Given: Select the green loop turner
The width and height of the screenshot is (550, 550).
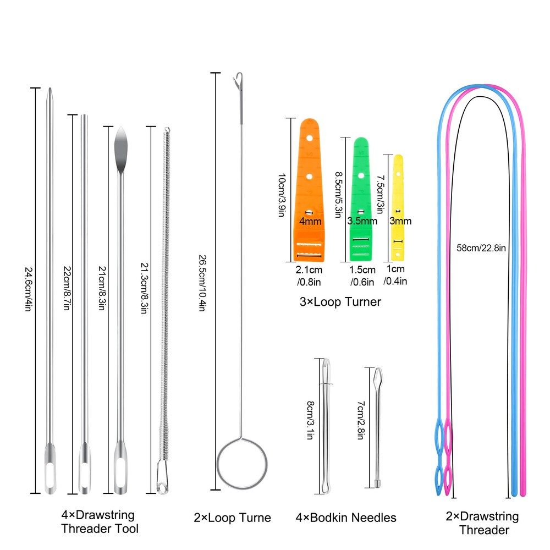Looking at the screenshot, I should pyautogui.click(x=361, y=187).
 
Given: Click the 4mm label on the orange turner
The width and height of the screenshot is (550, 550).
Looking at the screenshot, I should pyautogui.click(x=310, y=221).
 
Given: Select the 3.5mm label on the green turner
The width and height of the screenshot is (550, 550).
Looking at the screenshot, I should pyautogui.click(x=362, y=221).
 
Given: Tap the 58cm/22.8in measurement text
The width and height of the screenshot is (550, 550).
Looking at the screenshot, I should pyautogui.click(x=481, y=247).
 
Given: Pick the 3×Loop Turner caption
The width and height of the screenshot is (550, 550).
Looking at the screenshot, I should pyautogui.click(x=340, y=301).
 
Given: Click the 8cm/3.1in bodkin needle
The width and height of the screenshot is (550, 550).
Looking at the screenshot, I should pyautogui.click(x=327, y=424).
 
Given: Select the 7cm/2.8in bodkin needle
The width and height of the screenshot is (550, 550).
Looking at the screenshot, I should pyautogui.click(x=378, y=424).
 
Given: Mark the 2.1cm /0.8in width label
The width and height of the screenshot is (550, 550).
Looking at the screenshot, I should pyautogui.click(x=309, y=276).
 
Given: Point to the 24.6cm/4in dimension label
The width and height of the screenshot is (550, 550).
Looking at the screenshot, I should pyautogui.click(x=28, y=289).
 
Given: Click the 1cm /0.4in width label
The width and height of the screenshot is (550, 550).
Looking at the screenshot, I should pyautogui.click(x=396, y=276).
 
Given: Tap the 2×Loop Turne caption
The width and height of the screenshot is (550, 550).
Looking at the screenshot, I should pyautogui.click(x=232, y=518).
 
